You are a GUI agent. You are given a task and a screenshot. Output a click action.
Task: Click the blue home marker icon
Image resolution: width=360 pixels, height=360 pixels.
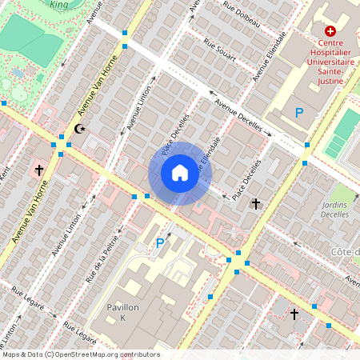click(179, 173)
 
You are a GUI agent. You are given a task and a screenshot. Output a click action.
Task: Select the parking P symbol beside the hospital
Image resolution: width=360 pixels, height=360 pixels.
click(299, 114)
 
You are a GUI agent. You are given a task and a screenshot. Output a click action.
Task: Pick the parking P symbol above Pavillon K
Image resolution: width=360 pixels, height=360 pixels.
click(159, 243)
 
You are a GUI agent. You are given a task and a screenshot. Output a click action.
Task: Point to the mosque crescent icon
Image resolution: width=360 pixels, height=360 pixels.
click(78, 128)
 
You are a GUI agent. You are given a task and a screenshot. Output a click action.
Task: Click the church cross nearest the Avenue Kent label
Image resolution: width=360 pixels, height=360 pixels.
click(38, 170)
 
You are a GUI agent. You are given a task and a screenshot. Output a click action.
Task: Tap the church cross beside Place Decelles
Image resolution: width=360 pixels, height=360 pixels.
click(256, 204)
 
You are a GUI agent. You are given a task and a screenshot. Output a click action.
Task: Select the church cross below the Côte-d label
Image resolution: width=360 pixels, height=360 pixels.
click(294, 314)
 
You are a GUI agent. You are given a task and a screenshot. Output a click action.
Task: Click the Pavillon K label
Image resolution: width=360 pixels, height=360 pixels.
click(123, 313)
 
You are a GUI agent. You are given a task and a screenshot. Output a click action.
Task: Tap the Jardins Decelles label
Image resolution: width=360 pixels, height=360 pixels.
click(342, 209)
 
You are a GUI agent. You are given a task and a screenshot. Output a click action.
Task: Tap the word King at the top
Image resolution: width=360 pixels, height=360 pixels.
click(59, 4)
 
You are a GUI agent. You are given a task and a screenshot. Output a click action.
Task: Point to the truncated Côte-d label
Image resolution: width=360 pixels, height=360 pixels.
click(345, 253)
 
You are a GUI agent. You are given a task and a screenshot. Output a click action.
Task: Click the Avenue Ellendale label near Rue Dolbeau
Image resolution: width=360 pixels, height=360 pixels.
click(270, 58)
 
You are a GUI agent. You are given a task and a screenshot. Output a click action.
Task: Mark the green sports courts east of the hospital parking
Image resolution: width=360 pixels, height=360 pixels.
click(342, 133)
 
